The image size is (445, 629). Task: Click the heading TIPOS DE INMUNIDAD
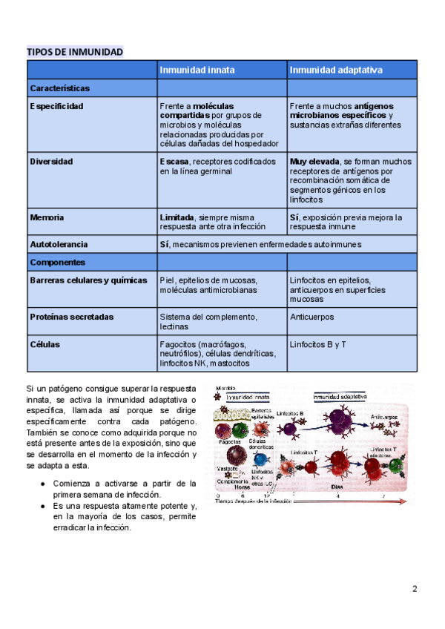coord(75,52)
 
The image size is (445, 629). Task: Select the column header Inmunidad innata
coord(197,70)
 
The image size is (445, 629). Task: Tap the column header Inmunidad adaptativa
coord(336,70)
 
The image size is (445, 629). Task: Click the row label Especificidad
coord(57,106)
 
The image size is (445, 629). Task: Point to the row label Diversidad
coord(52,161)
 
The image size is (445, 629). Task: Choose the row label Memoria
coord(47,217)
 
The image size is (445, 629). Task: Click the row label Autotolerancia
coord(59,244)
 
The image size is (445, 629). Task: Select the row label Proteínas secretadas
coord(72,317)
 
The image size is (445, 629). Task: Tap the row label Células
coord(45,344)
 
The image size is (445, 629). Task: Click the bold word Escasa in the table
coord(174,161)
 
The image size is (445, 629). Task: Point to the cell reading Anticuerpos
coord(312,317)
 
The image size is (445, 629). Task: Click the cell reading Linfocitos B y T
coord(318,344)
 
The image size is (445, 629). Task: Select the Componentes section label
coord(58,262)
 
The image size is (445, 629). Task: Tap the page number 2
coord(415,589)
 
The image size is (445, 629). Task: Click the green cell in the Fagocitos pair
coord(238,429)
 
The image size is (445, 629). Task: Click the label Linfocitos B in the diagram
coord(292,413)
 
